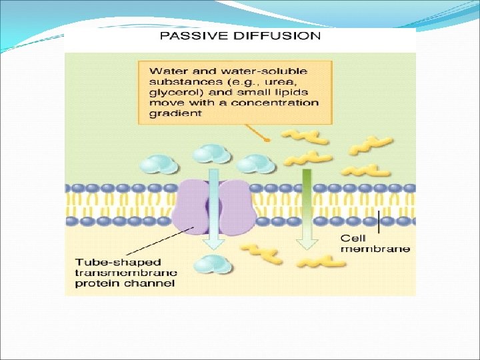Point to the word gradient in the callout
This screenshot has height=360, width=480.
(175, 114)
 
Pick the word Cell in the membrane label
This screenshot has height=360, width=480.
(353, 238)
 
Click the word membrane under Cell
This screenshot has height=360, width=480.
(375, 249)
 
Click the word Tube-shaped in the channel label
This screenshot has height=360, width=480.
(109, 262)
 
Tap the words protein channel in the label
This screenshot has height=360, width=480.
(125, 283)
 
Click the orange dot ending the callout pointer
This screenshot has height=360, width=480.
(267, 140)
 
